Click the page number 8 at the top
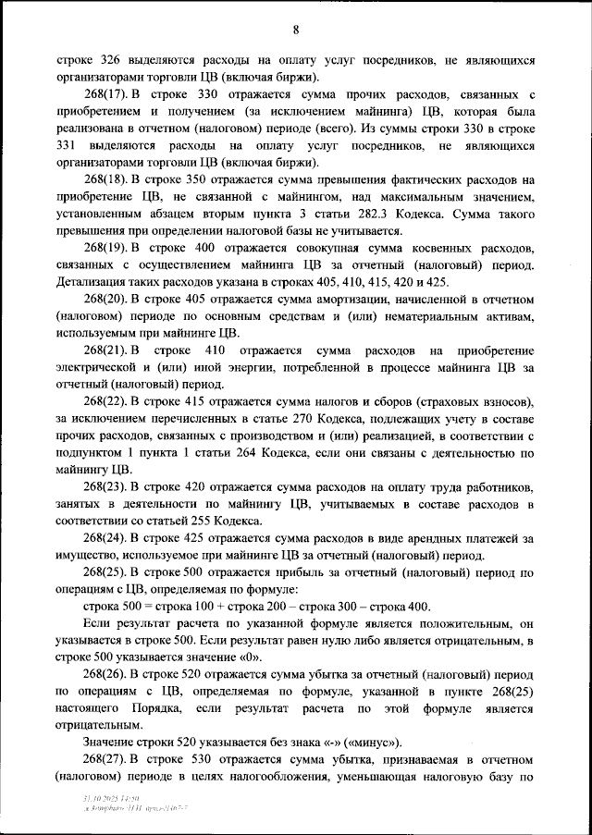[x=295, y=30]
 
